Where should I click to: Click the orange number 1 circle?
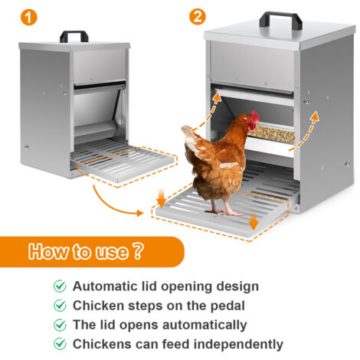click(x=29, y=17)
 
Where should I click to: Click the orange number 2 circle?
click(x=198, y=17)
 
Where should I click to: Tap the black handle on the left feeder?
click(x=74, y=36)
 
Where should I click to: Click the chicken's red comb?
click(x=255, y=116)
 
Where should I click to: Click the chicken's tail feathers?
click(x=192, y=136)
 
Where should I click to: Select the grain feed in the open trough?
click(x=271, y=133)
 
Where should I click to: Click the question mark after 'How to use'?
click(x=138, y=251)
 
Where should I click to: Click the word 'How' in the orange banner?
click(x=48, y=251)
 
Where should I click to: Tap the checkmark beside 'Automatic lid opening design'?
click(x=60, y=286)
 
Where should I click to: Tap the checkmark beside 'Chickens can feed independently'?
click(x=60, y=344)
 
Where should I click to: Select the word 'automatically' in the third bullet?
click(x=205, y=326)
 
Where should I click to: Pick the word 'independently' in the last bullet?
click(x=238, y=345)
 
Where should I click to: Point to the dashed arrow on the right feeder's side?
click(x=304, y=133)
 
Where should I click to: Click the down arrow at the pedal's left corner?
click(x=162, y=198)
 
